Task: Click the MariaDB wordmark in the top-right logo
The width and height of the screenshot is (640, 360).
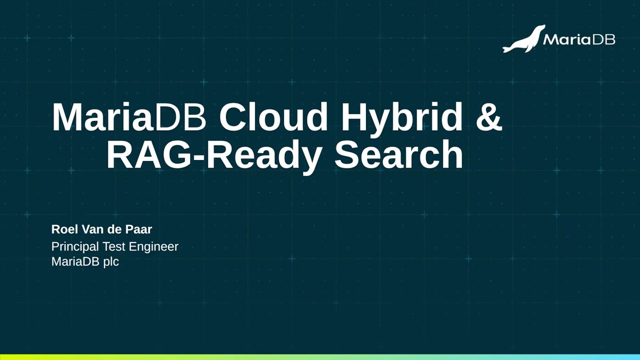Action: (x=578, y=39)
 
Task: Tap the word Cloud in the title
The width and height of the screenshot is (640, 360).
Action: (x=273, y=117)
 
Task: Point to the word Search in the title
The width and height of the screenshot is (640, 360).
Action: (x=398, y=154)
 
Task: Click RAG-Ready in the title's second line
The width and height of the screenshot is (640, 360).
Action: (x=213, y=155)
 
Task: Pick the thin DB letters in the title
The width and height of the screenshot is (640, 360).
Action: (x=180, y=117)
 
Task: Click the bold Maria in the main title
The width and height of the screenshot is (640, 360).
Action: (x=101, y=117)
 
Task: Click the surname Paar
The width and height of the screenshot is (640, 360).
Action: (x=140, y=229)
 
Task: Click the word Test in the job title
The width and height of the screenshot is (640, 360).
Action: (x=113, y=246)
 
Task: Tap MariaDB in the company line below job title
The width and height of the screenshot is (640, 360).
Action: (x=75, y=261)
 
